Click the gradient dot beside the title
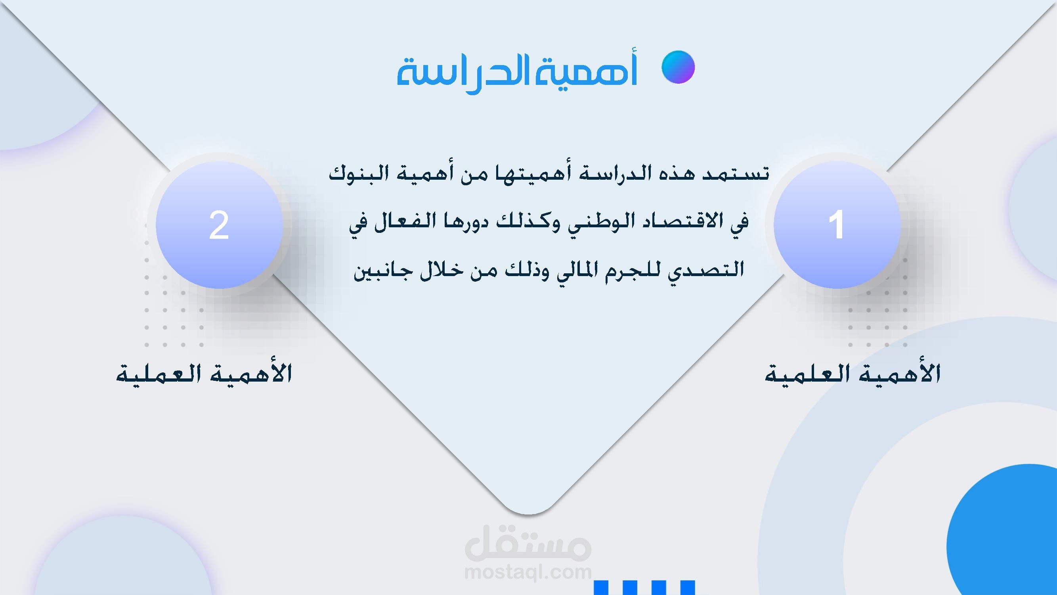(x=678, y=67)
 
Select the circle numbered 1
(x=837, y=225)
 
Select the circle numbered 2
(x=219, y=225)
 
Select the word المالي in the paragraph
(x=583, y=270)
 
